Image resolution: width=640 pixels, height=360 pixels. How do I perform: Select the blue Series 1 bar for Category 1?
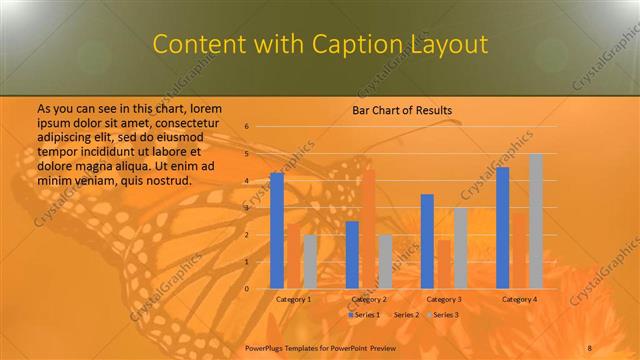277,230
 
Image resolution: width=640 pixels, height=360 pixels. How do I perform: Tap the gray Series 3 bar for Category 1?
310,261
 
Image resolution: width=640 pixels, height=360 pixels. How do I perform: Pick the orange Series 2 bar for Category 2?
368,229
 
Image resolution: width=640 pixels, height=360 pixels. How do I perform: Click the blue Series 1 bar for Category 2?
352,254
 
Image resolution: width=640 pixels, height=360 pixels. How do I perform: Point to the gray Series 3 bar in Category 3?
460,248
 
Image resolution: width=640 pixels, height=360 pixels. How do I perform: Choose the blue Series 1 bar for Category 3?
427,241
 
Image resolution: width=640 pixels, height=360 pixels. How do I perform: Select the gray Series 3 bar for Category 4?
536,221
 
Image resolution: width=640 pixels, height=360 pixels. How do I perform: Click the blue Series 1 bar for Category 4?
502,227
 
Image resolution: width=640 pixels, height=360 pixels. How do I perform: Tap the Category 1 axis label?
293,299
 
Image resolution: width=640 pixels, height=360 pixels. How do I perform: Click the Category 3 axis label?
443,299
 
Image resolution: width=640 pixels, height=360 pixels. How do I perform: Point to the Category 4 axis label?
519,299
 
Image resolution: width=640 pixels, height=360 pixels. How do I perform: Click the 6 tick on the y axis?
247,127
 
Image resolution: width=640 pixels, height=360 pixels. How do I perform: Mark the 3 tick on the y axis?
247,208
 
